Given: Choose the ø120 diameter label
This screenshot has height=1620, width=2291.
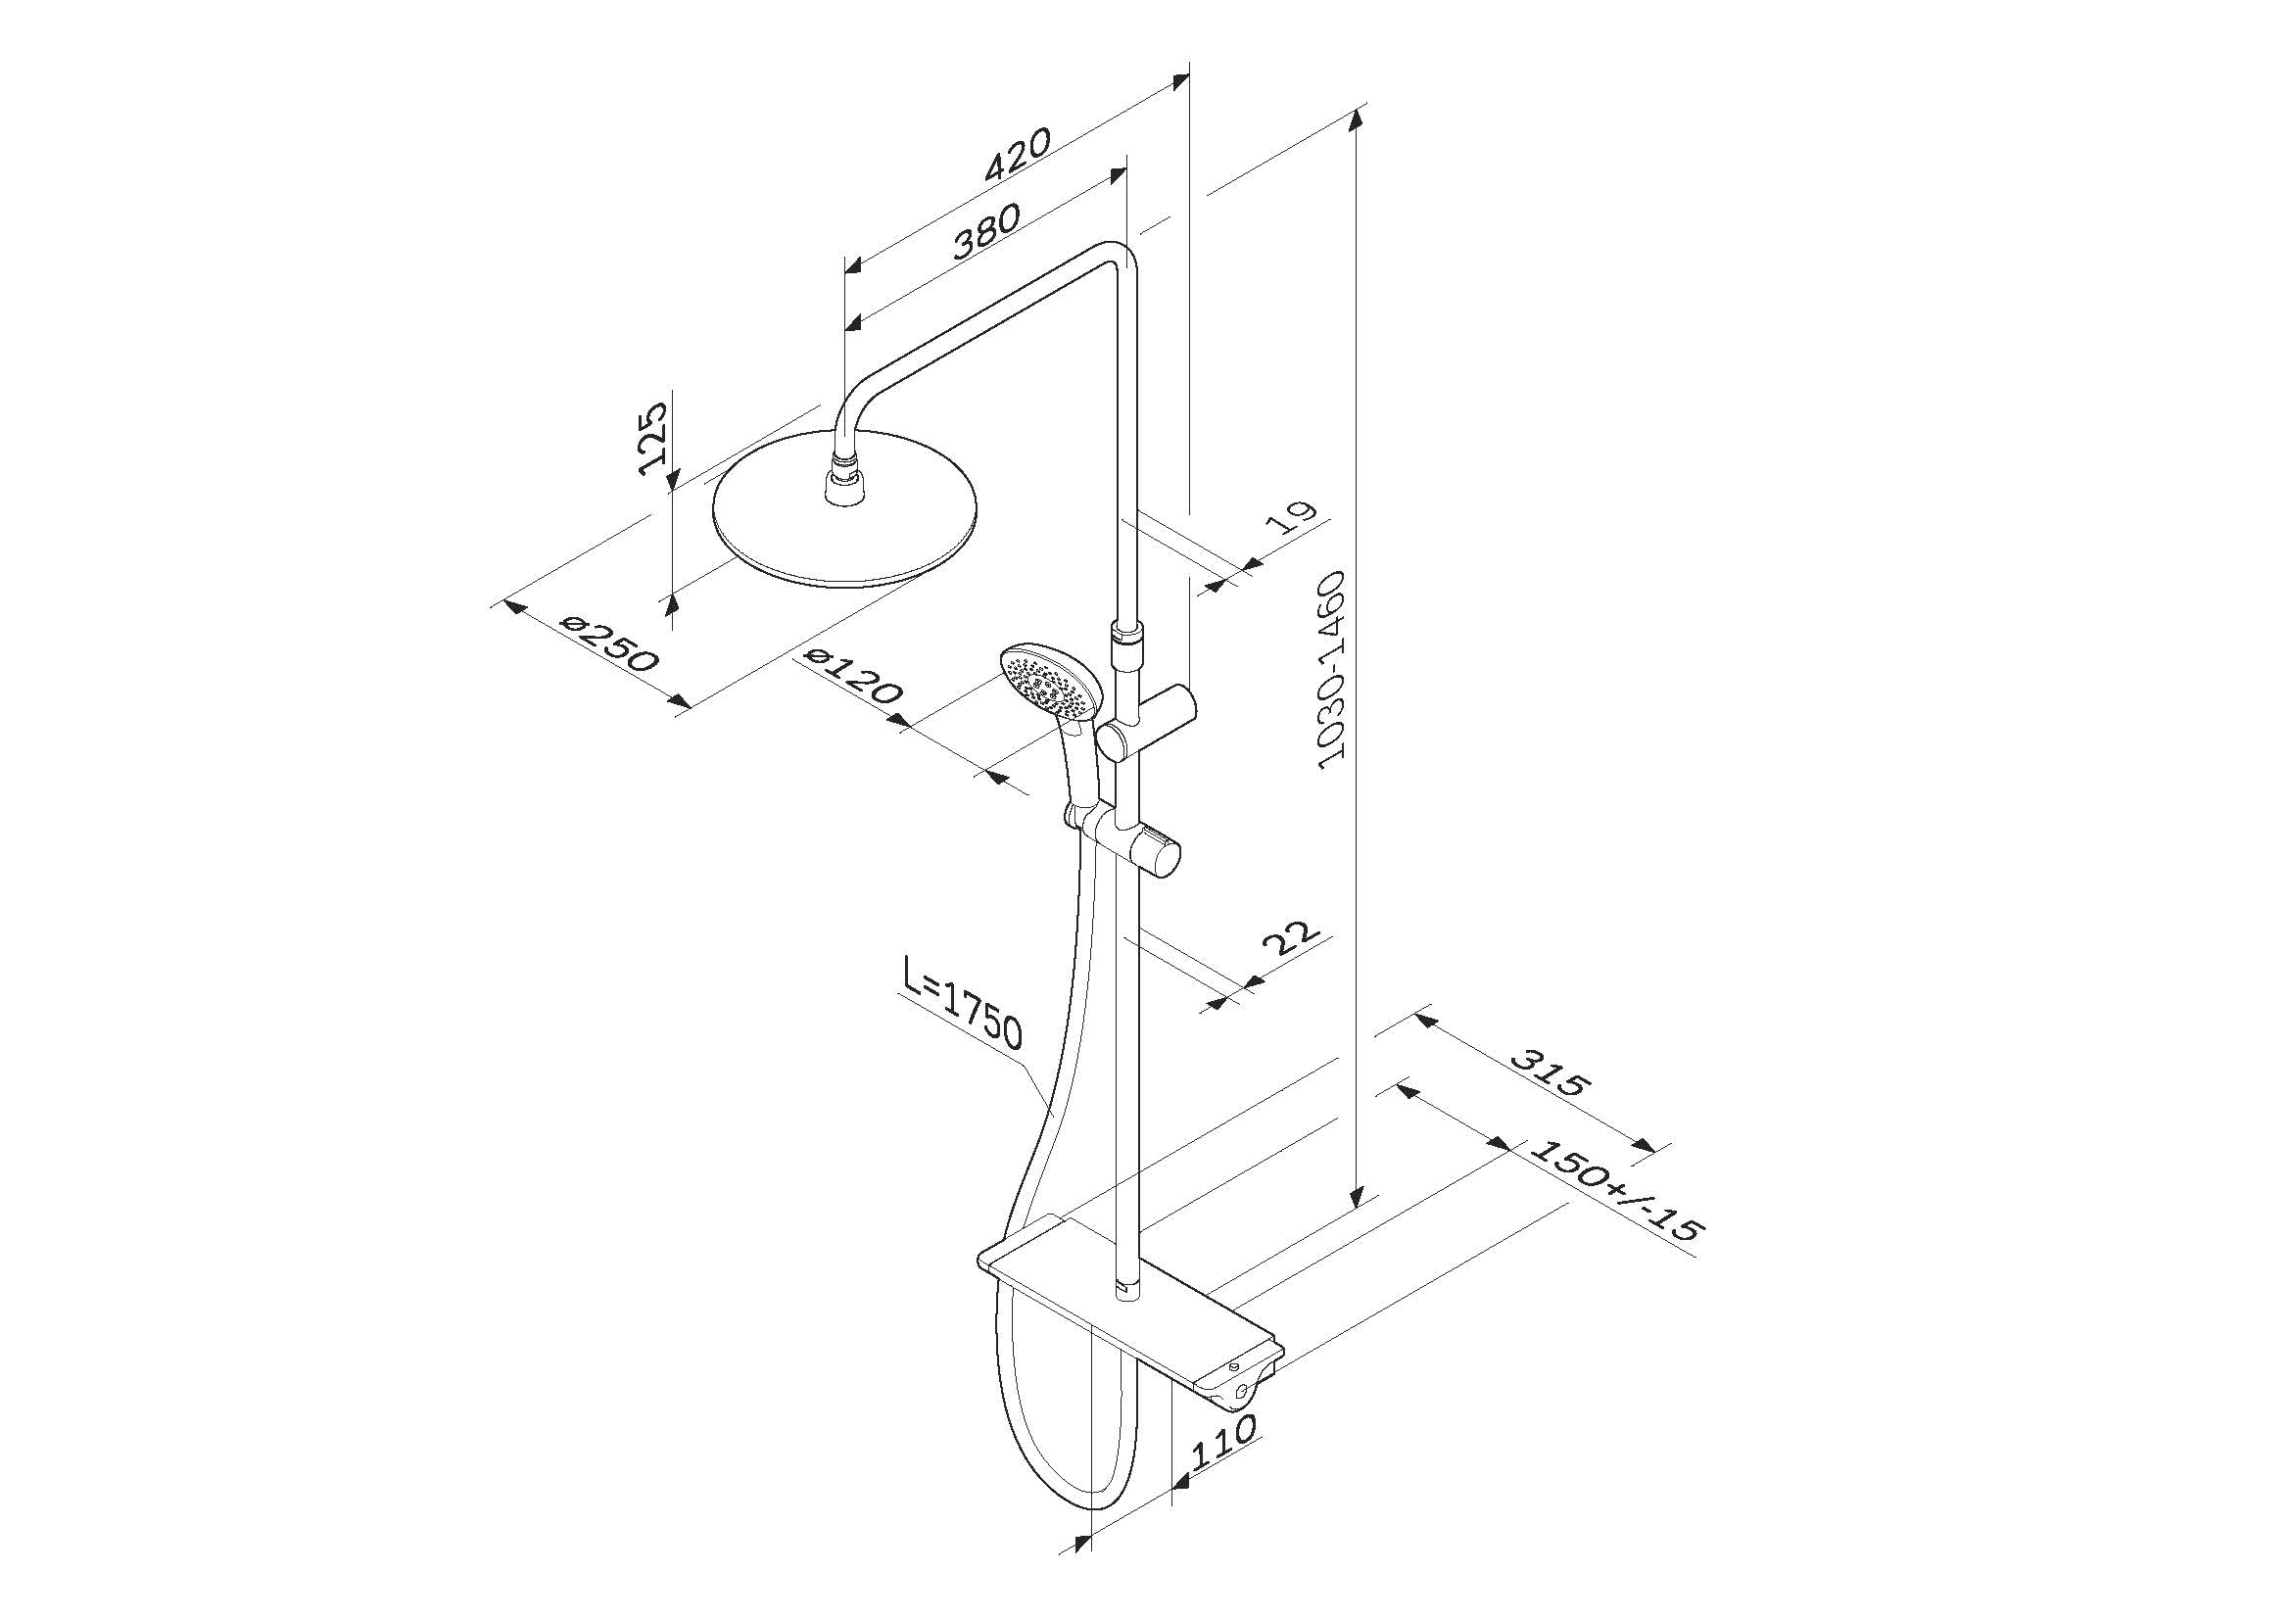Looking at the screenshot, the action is click(x=853, y=676).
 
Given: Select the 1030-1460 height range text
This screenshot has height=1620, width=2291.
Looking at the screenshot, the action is click(x=1332, y=669).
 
